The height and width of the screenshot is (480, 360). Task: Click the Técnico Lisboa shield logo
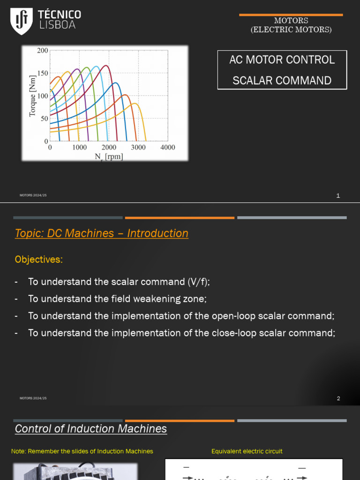tap(22, 21)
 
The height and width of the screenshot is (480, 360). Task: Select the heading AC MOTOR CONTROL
tap(282, 60)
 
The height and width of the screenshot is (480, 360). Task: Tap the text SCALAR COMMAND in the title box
tap(282, 81)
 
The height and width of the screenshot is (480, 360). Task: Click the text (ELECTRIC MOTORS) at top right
tap(291, 30)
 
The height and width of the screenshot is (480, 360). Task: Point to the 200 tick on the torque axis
tap(43, 51)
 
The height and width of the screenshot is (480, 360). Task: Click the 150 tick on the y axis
tap(43, 73)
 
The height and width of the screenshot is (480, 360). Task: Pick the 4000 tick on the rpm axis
tap(167, 147)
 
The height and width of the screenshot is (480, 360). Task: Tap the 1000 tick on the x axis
tap(79, 147)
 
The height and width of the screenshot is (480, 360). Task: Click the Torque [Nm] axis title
tap(32, 96)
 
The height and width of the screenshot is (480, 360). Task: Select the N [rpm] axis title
tap(109, 157)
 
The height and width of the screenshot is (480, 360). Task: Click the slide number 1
tap(338, 196)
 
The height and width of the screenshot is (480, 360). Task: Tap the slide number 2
tap(338, 398)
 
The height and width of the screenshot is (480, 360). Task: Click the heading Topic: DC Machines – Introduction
tap(102, 233)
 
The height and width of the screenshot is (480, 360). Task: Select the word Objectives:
tap(38, 259)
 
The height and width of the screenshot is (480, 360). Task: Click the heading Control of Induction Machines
tap(91, 429)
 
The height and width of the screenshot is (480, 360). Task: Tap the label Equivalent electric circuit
tap(247, 451)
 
